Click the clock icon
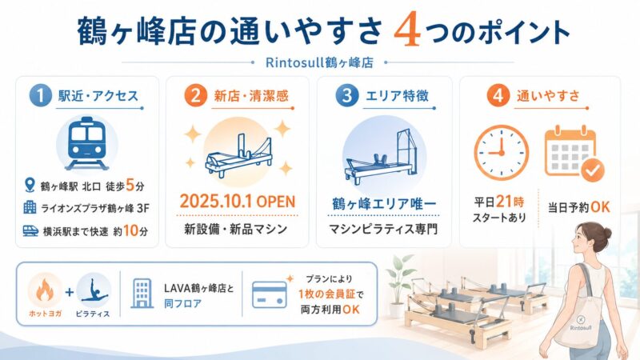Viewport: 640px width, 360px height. click(502, 152)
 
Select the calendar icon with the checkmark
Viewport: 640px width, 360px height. click(573, 152)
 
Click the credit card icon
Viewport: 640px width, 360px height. click(268, 293)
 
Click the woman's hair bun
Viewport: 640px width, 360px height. click(606, 233)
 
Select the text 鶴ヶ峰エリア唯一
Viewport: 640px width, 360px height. click(384, 201)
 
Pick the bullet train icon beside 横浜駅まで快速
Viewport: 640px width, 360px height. click(30, 231)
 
